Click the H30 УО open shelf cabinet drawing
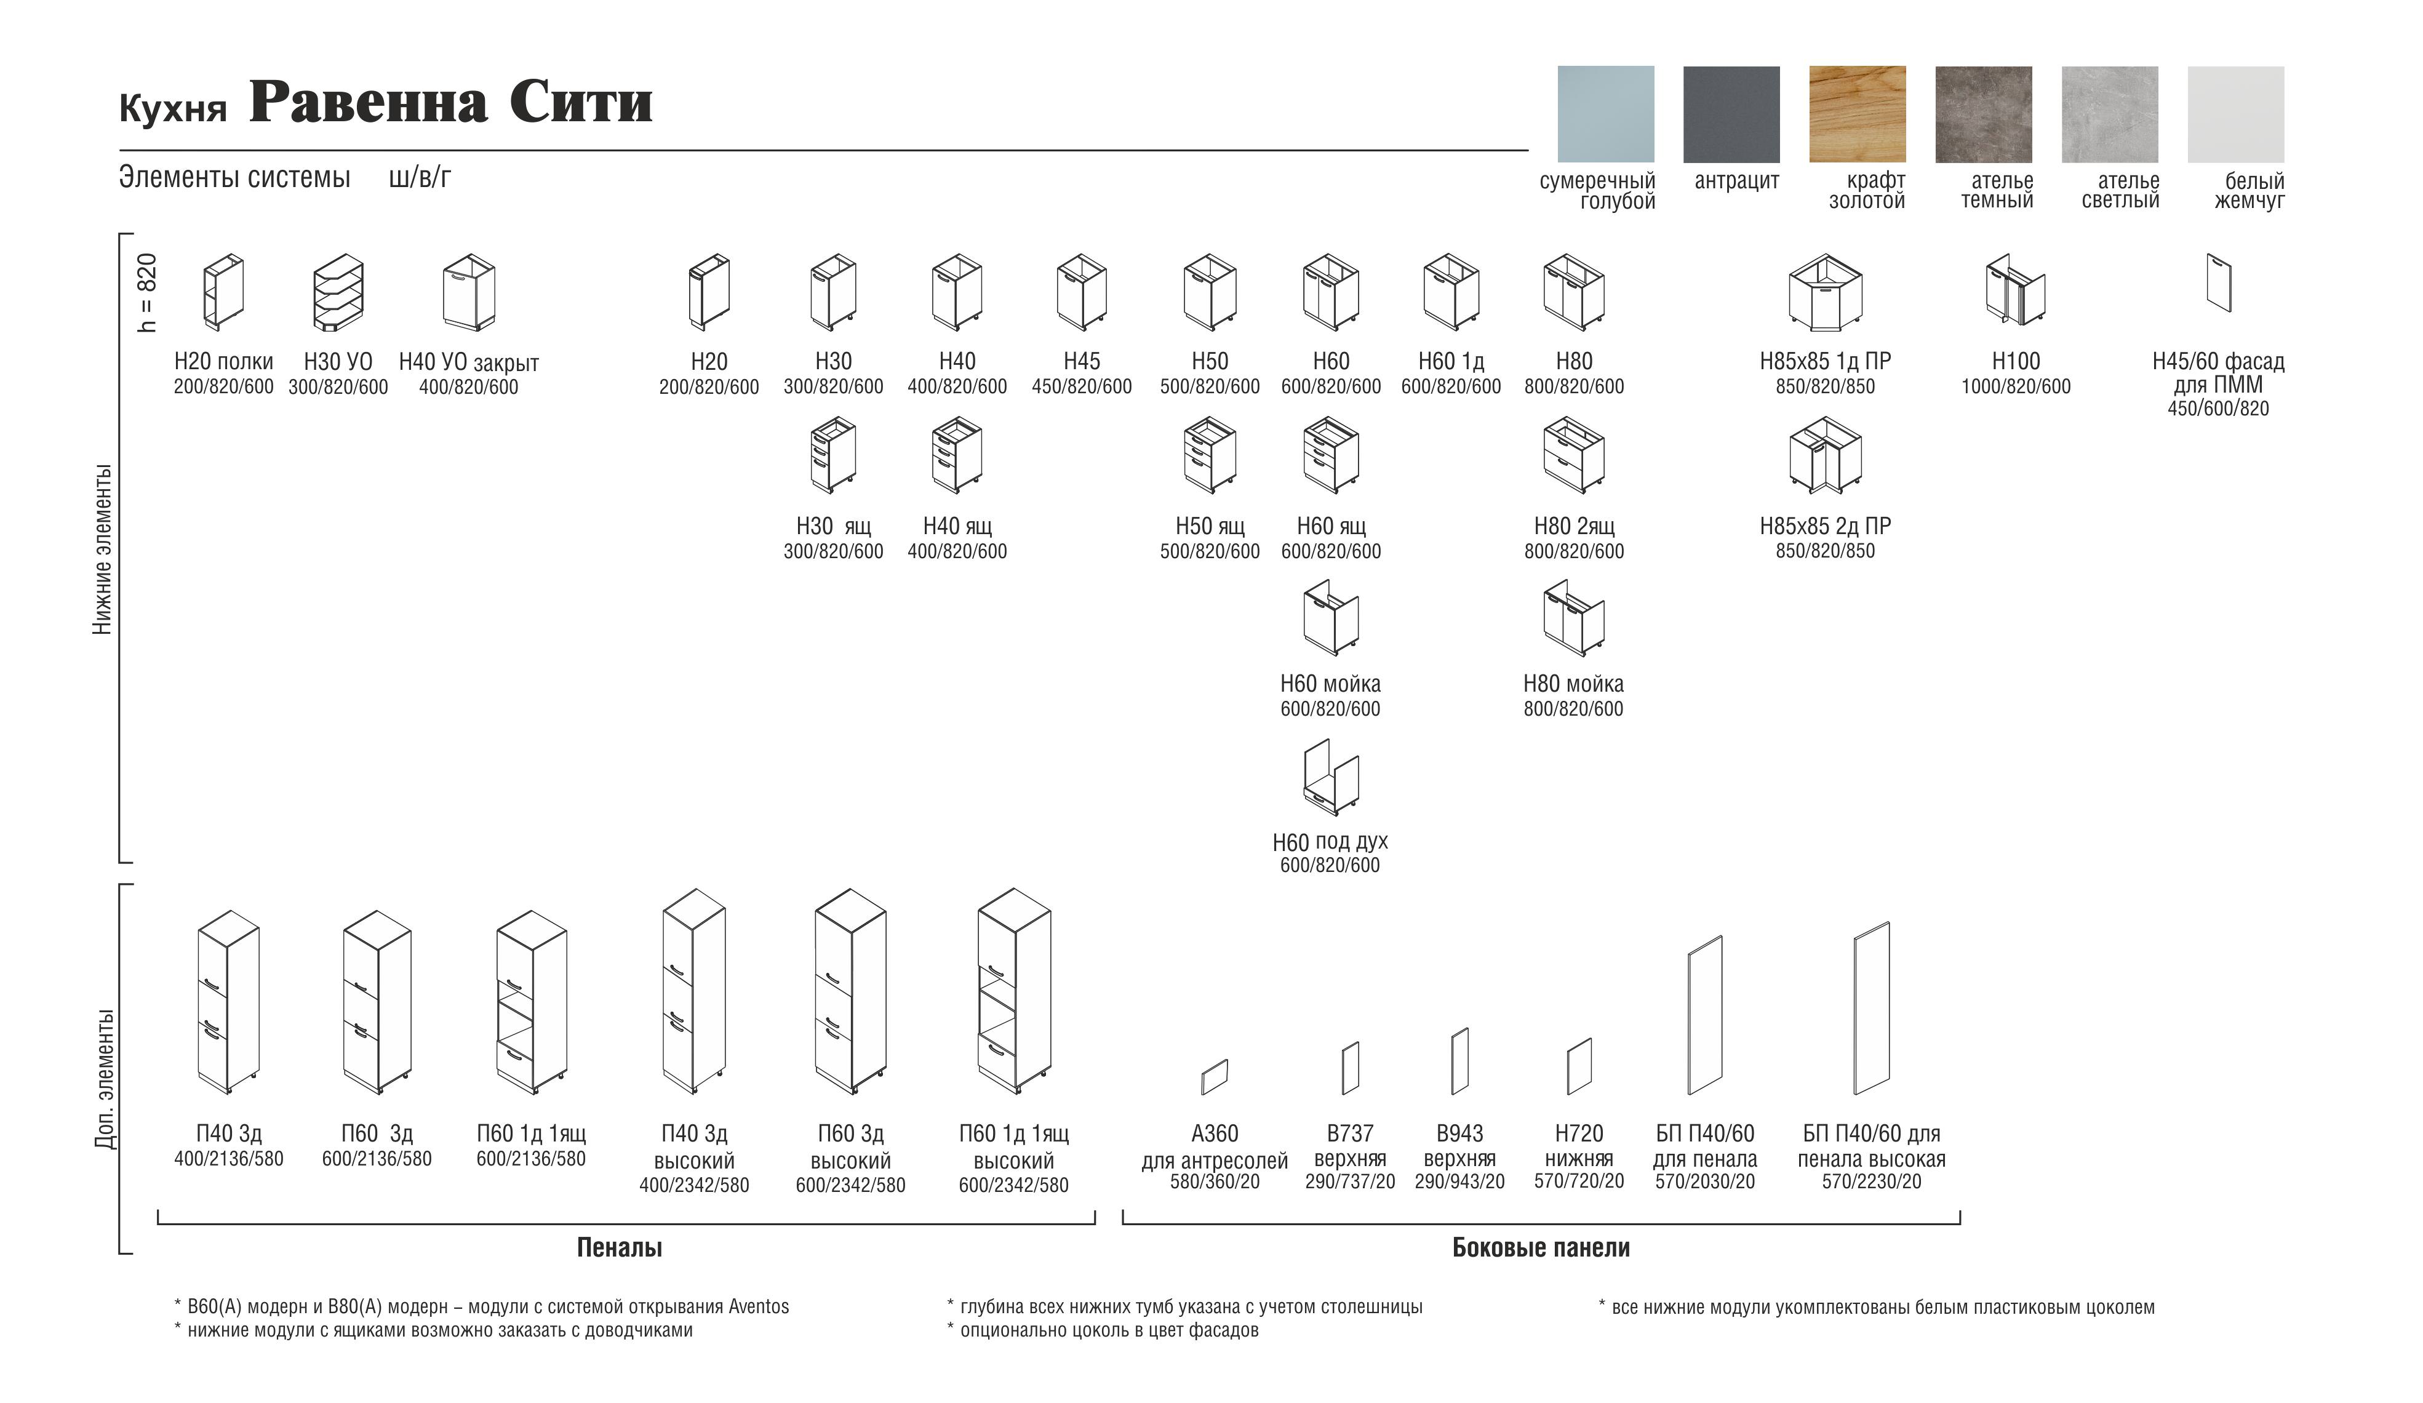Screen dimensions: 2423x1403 click(338, 292)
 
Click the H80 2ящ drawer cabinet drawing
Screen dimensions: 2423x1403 click(1574, 456)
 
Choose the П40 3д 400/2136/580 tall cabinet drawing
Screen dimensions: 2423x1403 click(228, 1002)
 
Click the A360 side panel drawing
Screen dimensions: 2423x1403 click(1215, 1077)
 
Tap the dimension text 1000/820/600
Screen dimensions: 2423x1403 click(2015, 386)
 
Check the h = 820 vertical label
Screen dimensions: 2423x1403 click(147, 292)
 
